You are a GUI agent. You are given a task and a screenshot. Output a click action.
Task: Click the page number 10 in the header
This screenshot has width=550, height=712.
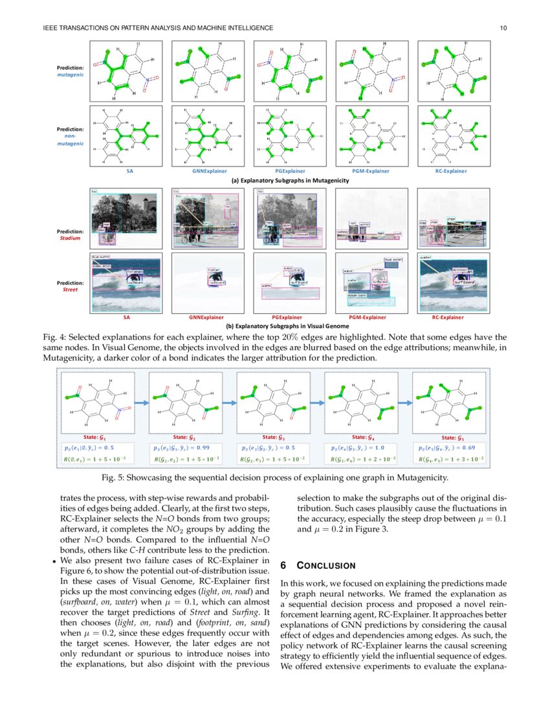[502, 28]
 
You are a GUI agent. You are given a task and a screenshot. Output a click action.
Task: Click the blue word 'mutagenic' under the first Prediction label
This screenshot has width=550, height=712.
[71, 75]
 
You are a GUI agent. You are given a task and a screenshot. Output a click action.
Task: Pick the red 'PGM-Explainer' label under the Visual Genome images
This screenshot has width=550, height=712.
[367, 318]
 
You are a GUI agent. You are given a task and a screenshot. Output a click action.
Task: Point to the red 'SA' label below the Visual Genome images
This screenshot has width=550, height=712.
[126, 318]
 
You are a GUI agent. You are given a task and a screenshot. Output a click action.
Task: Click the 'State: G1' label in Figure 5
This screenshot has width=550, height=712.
[96, 438]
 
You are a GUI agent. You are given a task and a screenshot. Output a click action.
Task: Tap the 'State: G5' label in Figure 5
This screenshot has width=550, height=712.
[452, 438]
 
